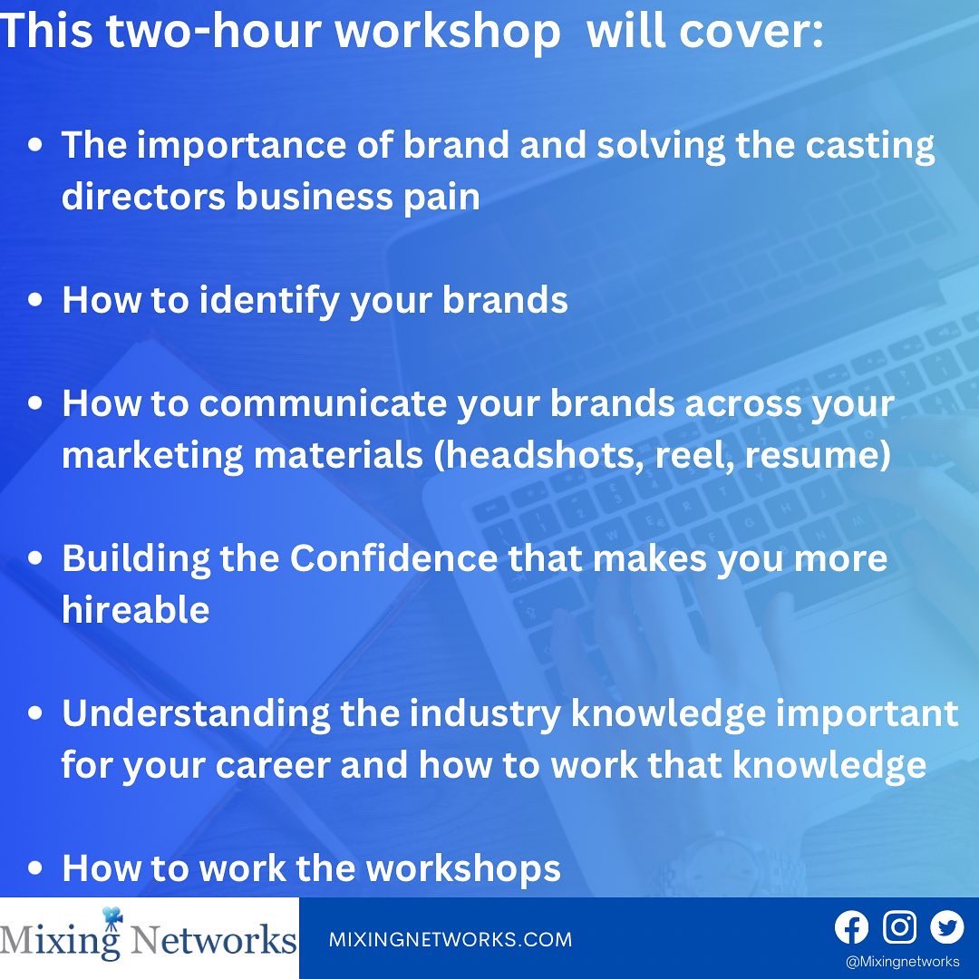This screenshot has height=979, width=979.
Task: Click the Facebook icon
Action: coord(851,927)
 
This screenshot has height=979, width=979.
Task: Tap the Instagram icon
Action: coord(899,927)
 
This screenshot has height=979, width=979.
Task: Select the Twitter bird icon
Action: coord(947,927)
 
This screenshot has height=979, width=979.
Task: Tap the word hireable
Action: coord(135,610)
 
